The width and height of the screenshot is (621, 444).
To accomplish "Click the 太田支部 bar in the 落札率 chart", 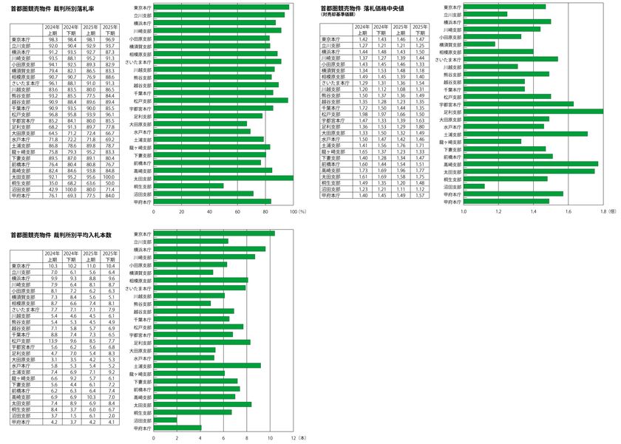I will click(x=222, y=178).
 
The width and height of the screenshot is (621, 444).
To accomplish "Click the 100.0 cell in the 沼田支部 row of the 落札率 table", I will click(x=111, y=189).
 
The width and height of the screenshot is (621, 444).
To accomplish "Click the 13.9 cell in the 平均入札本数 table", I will click(x=52, y=341).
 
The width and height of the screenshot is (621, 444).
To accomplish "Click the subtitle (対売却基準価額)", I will click(x=339, y=14).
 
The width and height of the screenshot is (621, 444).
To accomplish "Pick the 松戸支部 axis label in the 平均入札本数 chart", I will click(x=143, y=327).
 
